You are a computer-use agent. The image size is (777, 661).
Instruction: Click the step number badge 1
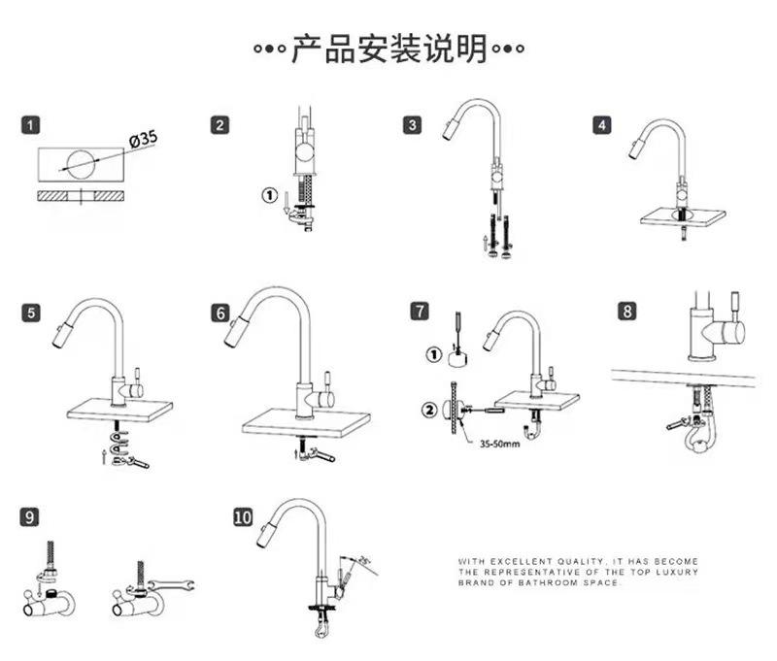coord(32,125)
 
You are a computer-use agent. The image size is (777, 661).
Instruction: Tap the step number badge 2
coord(221,125)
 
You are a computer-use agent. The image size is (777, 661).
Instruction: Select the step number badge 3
coord(414,125)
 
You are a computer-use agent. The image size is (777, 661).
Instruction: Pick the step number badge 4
coord(603,125)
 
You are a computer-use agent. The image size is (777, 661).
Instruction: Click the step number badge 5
coord(32,313)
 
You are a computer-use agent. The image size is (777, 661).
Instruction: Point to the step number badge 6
coord(221,313)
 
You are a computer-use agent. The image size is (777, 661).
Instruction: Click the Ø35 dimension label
coord(143,141)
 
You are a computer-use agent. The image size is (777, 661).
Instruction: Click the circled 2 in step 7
coord(430,408)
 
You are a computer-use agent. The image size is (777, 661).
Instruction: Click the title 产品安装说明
coord(388,50)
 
